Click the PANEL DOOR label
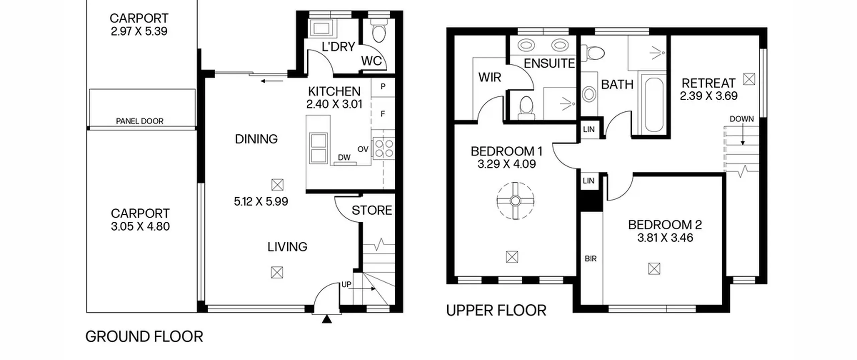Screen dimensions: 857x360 coord(140,121)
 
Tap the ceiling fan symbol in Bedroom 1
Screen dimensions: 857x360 coord(515,201)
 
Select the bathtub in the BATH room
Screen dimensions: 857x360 coord(654,105)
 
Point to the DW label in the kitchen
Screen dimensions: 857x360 coord(344,157)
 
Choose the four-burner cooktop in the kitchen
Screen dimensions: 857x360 coord(384,148)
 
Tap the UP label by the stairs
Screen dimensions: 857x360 coord(346,284)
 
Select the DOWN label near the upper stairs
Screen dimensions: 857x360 coord(742,119)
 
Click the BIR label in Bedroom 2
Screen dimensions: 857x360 coord(591,259)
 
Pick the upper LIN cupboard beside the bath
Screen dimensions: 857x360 coord(589,129)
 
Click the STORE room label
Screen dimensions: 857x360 coord(372,210)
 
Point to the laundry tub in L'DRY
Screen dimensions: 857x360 coord(321,27)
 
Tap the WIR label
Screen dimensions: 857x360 coord(489,77)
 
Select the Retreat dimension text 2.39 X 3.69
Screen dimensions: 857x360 coord(709,96)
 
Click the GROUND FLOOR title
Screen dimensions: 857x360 coord(144,337)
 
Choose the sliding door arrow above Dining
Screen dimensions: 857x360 coord(272,81)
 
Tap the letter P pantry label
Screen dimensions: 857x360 coord(383,86)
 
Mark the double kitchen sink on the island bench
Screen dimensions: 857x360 coord(318,148)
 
